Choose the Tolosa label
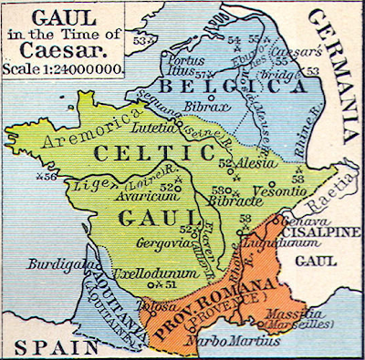(156, 307)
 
